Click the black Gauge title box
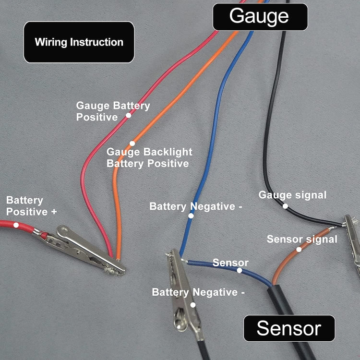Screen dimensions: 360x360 [x=260, y=16]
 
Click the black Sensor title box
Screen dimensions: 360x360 [x=288, y=328]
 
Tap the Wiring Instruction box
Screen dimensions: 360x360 [x=79, y=42]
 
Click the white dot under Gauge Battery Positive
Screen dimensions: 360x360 [x=128, y=116]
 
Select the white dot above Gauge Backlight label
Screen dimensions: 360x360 [x=132, y=143]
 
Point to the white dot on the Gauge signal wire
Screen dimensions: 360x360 [x=285, y=206]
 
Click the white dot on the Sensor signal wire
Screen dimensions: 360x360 [x=299, y=249]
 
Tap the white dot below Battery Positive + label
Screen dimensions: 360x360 [x=16, y=224]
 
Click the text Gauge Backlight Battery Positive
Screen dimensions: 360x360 [x=149, y=158]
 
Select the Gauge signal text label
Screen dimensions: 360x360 [x=292, y=195]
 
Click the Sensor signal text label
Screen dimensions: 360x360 [x=302, y=239]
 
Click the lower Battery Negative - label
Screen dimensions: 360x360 [x=198, y=292]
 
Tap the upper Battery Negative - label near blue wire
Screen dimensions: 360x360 [x=196, y=206]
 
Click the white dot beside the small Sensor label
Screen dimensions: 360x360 [x=240, y=270]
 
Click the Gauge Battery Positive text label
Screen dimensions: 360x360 [x=113, y=111]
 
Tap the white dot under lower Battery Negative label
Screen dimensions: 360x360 [x=193, y=305]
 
